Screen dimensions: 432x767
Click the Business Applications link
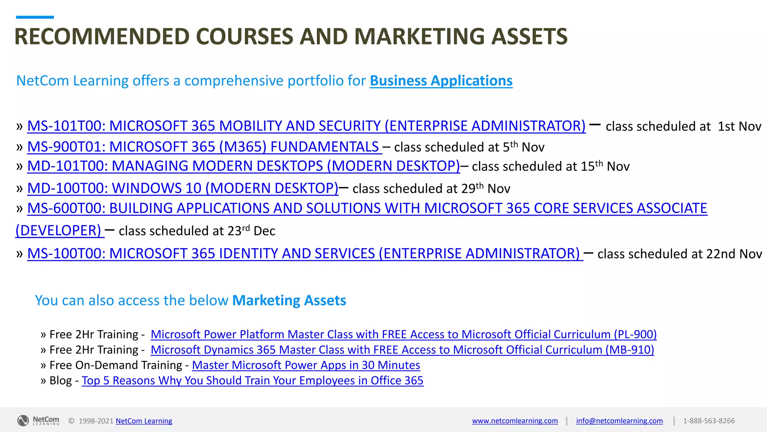[x=441, y=81]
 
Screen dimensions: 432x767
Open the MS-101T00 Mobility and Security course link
[x=306, y=126]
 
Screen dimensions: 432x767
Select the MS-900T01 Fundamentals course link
[x=204, y=147]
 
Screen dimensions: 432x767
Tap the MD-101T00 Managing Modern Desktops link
[x=243, y=166]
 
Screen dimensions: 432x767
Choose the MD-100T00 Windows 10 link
[x=183, y=188]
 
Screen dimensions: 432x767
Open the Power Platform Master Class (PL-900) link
[x=403, y=334]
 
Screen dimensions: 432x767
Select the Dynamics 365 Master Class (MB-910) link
[x=402, y=350]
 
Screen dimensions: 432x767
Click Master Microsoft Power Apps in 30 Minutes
[x=306, y=365]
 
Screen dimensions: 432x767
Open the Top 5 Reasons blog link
[x=252, y=381]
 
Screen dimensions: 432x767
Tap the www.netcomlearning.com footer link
[x=515, y=421]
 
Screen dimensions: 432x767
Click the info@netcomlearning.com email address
[x=619, y=421]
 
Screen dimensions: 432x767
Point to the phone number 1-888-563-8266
[x=709, y=421]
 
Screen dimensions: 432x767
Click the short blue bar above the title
[x=35, y=17]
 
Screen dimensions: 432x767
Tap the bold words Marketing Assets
[x=289, y=301]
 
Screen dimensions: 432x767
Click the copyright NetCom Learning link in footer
[x=144, y=421]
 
